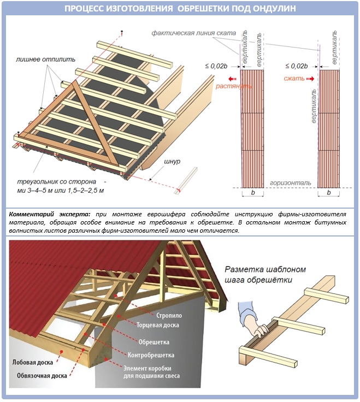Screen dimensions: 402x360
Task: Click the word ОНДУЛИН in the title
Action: (272, 9)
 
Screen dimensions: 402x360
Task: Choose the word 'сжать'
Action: (294, 79)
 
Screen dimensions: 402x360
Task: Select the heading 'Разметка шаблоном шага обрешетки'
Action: (265, 274)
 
